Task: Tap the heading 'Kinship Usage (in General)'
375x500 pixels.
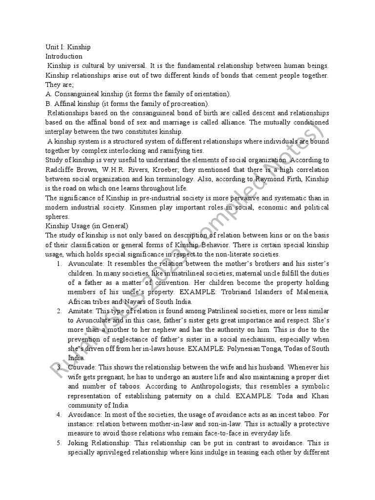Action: pyautogui.click(x=86, y=226)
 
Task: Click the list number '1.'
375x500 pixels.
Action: pyautogui.click(x=59, y=264)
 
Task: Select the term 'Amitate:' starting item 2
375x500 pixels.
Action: pyautogui.click(x=83, y=311)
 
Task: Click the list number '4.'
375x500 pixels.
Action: pyautogui.click(x=59, y=415)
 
